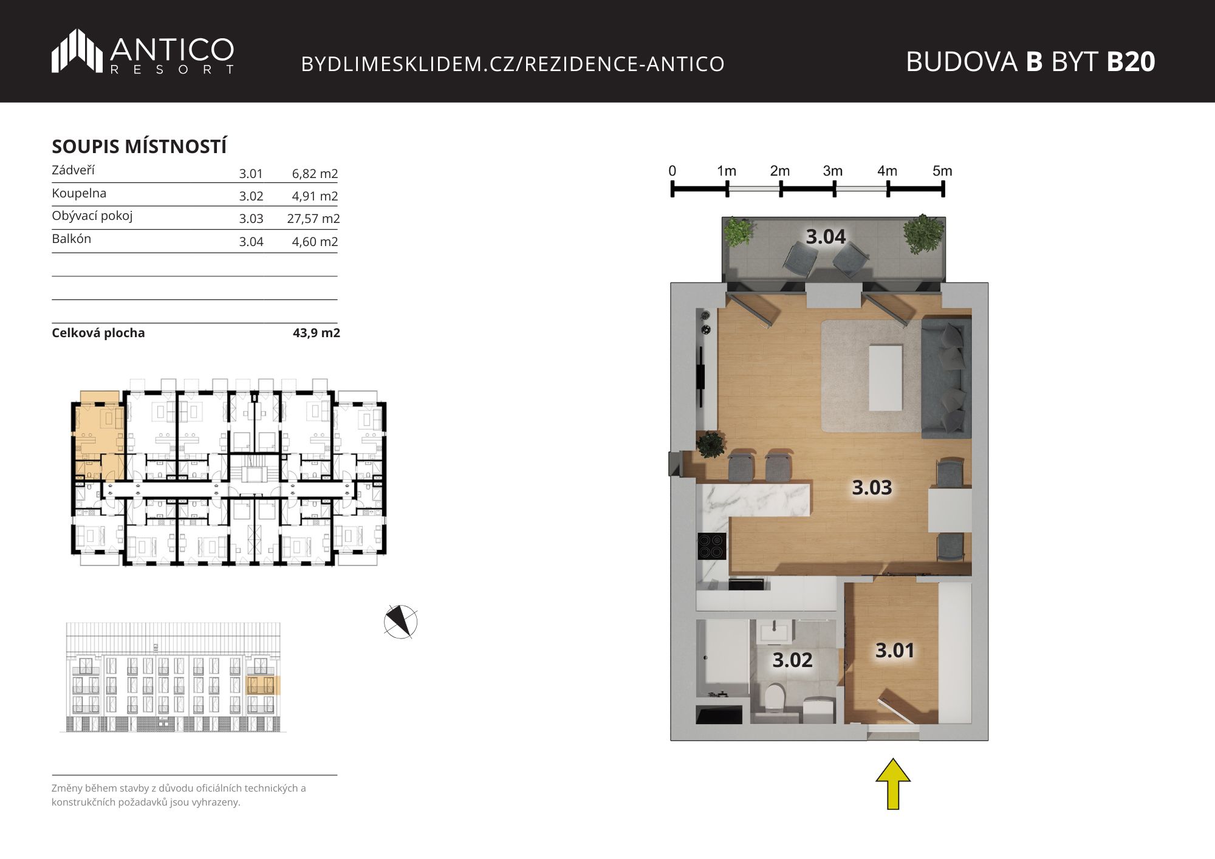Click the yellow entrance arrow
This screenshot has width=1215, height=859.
pyautogui.click(x=893, y=784)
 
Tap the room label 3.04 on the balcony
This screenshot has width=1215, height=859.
pyautogui.click(x=826, y=236)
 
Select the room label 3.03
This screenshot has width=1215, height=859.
pyautogui.click(x=872, y=487)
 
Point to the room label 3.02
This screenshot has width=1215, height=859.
pyautogui.click(x=792, y=660)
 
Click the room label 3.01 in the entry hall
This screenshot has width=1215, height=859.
pyautogui.click(x=895, y=651)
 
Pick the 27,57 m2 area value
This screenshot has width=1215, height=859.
pyautogui.click(x=313, y=219)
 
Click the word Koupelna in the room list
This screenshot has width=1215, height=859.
pyautogui.click(x=79, y=193)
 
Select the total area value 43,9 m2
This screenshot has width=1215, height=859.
pyautogui.click(x=317, y=333)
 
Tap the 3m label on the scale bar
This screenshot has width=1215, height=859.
pyautogui.click(x=833, y=171)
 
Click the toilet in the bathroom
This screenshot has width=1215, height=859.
pyautogui.click(x=775, y=697)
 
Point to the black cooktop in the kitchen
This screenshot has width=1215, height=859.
pyautogui.click(x=712, y=546)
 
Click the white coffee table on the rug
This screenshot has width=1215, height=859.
pyautogui.click(x=885, y=377)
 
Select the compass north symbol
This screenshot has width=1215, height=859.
pyautogui.click(x=401, y=621)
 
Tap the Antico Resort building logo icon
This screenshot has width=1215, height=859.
pyautogui.click(x=77, y=51)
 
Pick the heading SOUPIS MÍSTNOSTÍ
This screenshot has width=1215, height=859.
pyautogui.click(x=139, y=146)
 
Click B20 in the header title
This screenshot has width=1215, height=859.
pyautogui.click(x=1131, y=61)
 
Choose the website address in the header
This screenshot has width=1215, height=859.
pyautogui.click(x=513, y=64)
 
